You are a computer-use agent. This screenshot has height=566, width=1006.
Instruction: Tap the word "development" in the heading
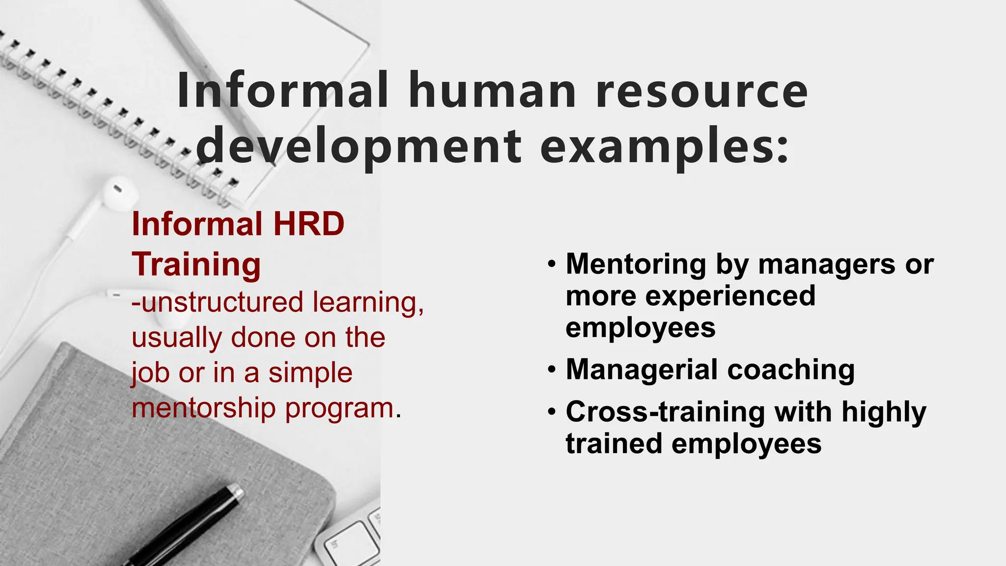[359, 146]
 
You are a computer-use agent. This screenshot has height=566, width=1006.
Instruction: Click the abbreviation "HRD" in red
[308, 224]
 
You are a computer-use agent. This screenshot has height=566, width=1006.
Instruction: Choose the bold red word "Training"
[196, 264]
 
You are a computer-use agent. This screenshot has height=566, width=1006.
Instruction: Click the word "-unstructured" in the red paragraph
[218, 302]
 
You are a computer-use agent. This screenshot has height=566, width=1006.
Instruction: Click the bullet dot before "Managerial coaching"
[553, 369]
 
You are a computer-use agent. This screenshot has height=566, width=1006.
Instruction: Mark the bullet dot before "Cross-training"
[553, 411]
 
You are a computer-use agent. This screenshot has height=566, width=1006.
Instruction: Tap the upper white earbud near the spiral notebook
[118, 193]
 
